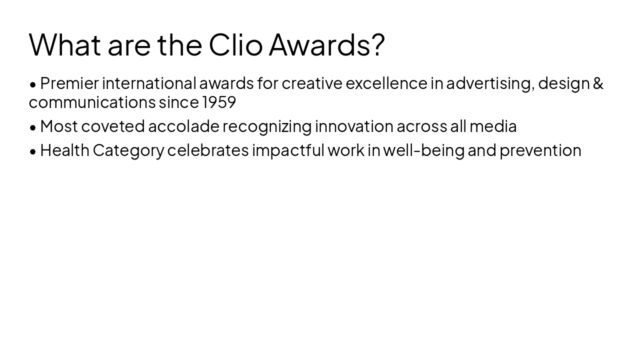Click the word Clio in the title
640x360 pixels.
(x=235, y=44)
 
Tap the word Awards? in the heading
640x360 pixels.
(x=326, y=44)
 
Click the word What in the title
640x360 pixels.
(x=65, y=44)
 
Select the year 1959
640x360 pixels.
(x=219, y=102)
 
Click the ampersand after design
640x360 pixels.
(x=598, y=83)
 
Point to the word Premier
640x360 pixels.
(x=69, y=83)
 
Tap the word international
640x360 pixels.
(x=149, y=83)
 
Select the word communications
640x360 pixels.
(x=92, y=102)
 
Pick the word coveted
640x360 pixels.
(x=113, y=126)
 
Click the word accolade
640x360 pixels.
(x=183, y=126)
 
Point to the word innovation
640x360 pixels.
(x=354, y=126)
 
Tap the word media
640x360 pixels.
(x=492, y=126)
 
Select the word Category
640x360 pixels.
(x=128, y=150)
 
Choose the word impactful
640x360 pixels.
(x=288, y=150)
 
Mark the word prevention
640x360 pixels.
(x=540, y=150)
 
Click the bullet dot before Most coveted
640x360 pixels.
(x=33, y=127)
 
